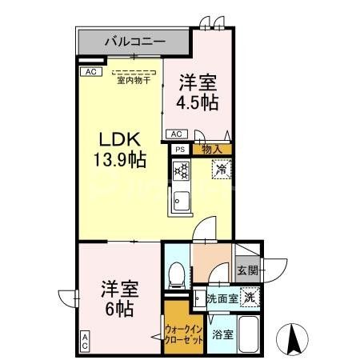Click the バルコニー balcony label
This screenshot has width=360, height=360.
133,39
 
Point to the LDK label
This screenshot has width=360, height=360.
117,137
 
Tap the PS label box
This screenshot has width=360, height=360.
179,149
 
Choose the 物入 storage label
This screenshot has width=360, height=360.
212,149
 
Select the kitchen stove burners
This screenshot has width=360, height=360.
180,170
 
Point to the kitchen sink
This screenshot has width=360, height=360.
180,199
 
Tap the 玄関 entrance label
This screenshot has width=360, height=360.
246,270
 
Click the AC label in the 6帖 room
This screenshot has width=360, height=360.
85,342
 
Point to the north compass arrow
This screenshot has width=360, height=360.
293,341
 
